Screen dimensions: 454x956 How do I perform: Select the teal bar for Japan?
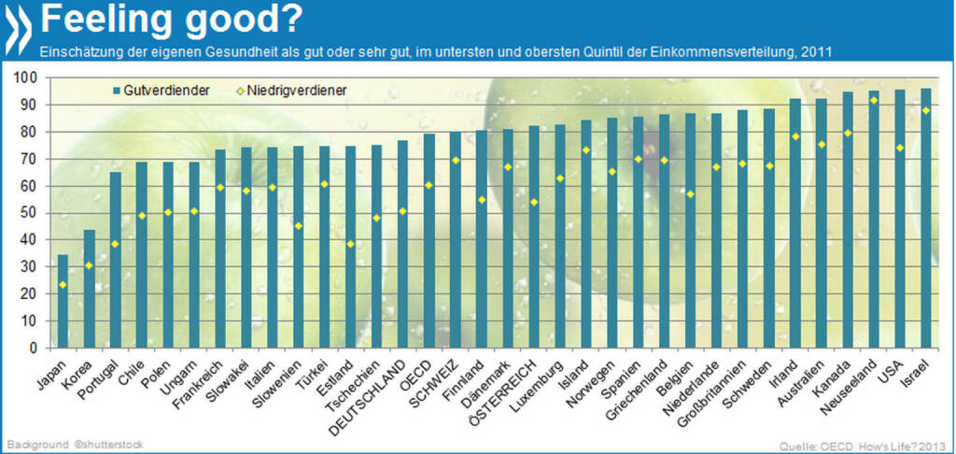pos(63,301)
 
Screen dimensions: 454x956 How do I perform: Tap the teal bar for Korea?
pos(89,289)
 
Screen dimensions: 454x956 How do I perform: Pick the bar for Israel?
pos(926,219)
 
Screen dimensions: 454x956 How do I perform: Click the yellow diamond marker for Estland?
pos(350,244)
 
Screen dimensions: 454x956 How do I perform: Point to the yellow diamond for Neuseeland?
pos(873,100)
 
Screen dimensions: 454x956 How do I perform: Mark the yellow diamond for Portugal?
pos(115,244)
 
